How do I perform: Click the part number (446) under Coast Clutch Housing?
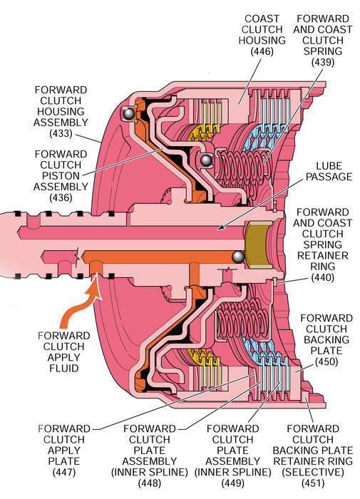click(262, 51)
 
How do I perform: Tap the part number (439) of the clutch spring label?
click(323, 62)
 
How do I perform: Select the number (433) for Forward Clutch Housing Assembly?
click(61, 133)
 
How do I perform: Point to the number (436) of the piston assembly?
click(61, 197)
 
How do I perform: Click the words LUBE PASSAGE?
click(329, 171)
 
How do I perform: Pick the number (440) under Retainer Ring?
click(323, 277)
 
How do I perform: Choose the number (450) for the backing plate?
click(326, 361)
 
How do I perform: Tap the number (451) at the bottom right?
click(313, 483)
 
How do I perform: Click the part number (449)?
click(232, 483)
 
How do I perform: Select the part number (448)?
click(149, 483)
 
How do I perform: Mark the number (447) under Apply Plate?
click(64, 472)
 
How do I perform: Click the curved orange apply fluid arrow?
click(79, 305)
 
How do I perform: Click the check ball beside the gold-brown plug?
click(238, 257)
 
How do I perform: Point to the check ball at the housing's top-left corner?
click(129, 113)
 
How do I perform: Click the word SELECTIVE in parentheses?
click(313, 472)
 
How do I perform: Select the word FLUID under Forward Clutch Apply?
click(63, 369)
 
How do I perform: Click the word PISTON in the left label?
click(61, 175)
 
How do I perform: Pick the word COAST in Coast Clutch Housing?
click(262, 19)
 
